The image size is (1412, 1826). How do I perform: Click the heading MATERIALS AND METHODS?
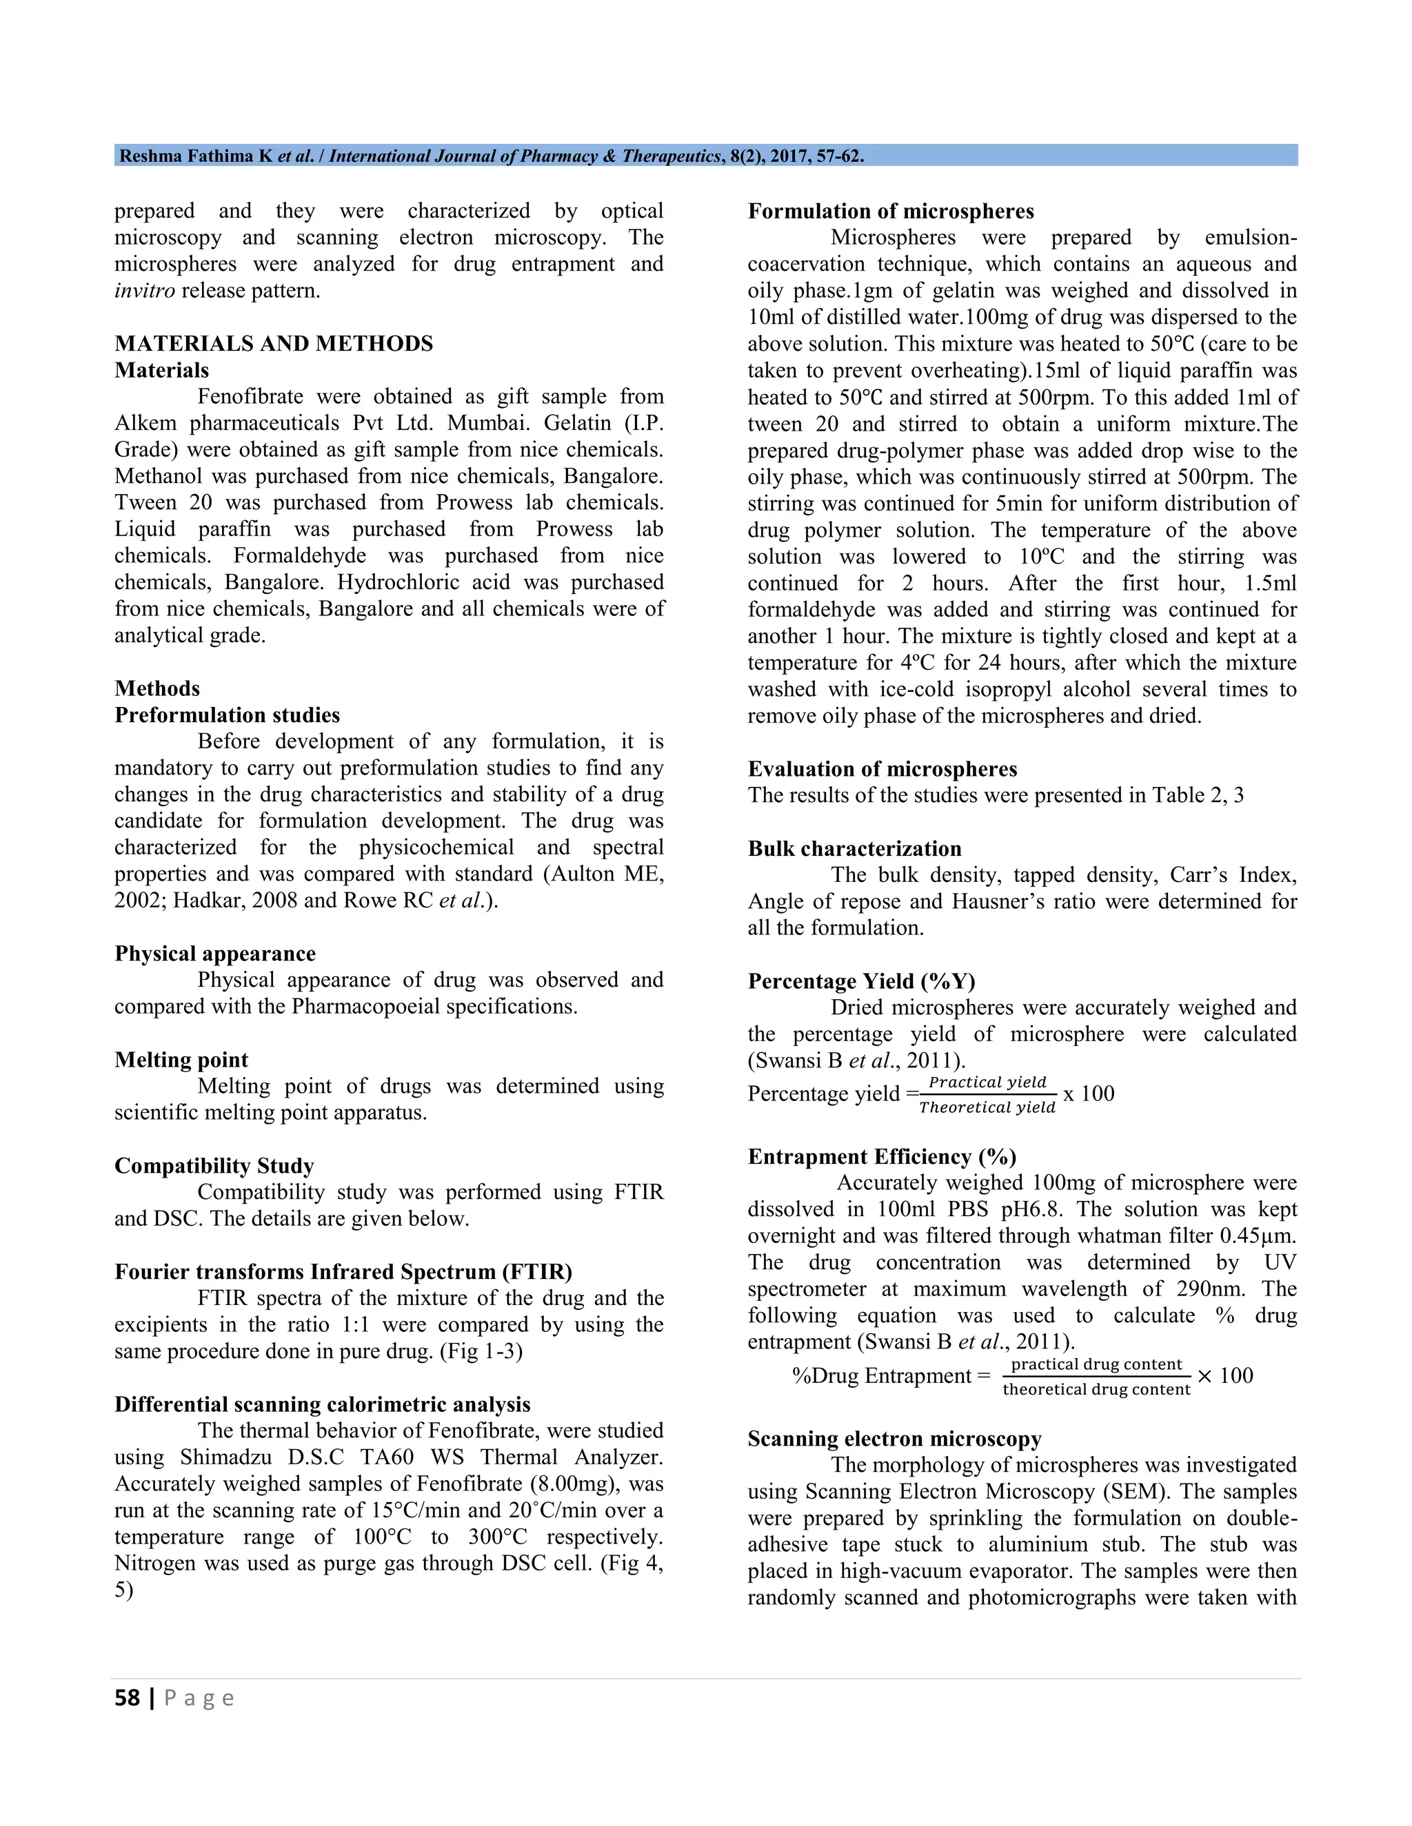coord(274,344)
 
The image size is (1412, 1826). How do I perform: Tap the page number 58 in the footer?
coord(127,1698)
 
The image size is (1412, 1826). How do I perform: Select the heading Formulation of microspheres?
coord(890,212)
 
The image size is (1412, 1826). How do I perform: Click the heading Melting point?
coord(181,1060)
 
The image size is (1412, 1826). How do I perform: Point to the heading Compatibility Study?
coord(214,1165)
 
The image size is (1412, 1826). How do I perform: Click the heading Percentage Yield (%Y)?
coord(862,981)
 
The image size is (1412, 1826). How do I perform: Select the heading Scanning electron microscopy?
coord(894,1439)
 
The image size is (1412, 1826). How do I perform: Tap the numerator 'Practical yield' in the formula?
coord(987,1083)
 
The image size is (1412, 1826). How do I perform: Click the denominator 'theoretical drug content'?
coord(1096,1390)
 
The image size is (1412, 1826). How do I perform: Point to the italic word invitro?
coord(145,291)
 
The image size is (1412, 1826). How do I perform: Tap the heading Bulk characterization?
coord(854,849)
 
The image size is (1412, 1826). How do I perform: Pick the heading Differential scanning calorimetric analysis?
coord(322,1404)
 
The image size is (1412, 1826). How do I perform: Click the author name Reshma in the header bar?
coord(152,156)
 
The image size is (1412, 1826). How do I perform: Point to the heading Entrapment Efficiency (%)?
coord(882,1157)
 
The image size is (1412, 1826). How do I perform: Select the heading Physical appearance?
coord(215,954)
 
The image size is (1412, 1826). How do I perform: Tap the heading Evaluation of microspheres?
coord(882,769)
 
